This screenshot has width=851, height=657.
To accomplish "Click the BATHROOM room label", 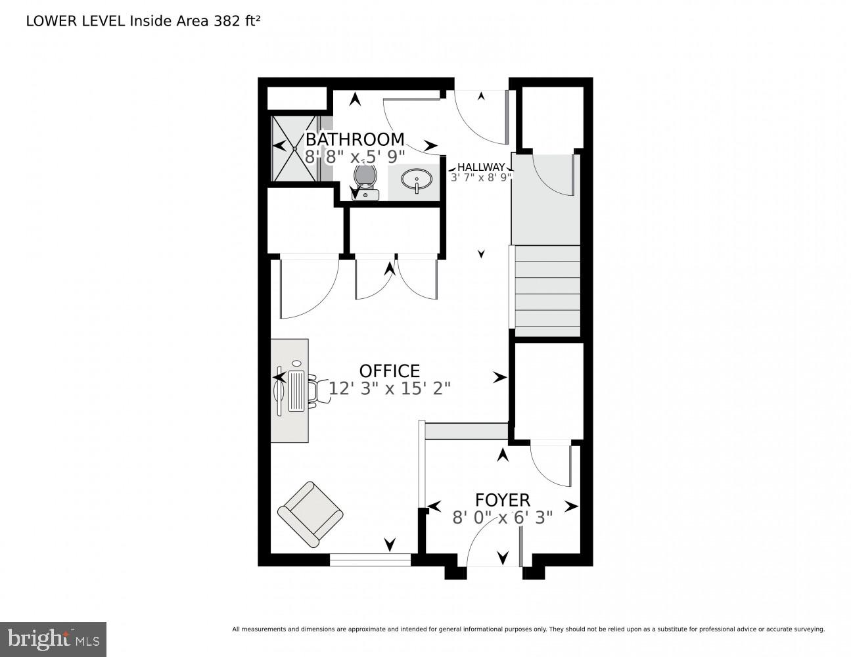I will (x=355, y=139).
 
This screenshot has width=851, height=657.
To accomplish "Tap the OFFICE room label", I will (x=389, y=371).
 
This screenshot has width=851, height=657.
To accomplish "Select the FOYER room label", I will (x=503, y=500).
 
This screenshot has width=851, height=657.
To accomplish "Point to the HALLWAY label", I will (x=481, y=167).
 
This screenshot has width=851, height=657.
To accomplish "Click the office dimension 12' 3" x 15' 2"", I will (x=389, y=388).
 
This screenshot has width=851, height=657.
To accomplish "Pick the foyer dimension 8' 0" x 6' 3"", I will (x=503, y=518).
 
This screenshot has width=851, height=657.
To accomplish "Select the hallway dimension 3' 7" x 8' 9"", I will (x=481, y=177).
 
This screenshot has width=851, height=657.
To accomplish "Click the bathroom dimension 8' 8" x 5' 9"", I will (x=355, y=157).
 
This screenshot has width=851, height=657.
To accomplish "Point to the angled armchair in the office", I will (x=310, y=514).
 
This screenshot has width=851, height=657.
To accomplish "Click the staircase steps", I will (x=547, y=290).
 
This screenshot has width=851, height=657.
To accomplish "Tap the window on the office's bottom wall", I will (x=370, y=560).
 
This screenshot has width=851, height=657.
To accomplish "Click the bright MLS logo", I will (x=53, y=639).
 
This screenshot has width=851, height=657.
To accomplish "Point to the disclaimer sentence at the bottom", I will (x=528, y=629).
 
